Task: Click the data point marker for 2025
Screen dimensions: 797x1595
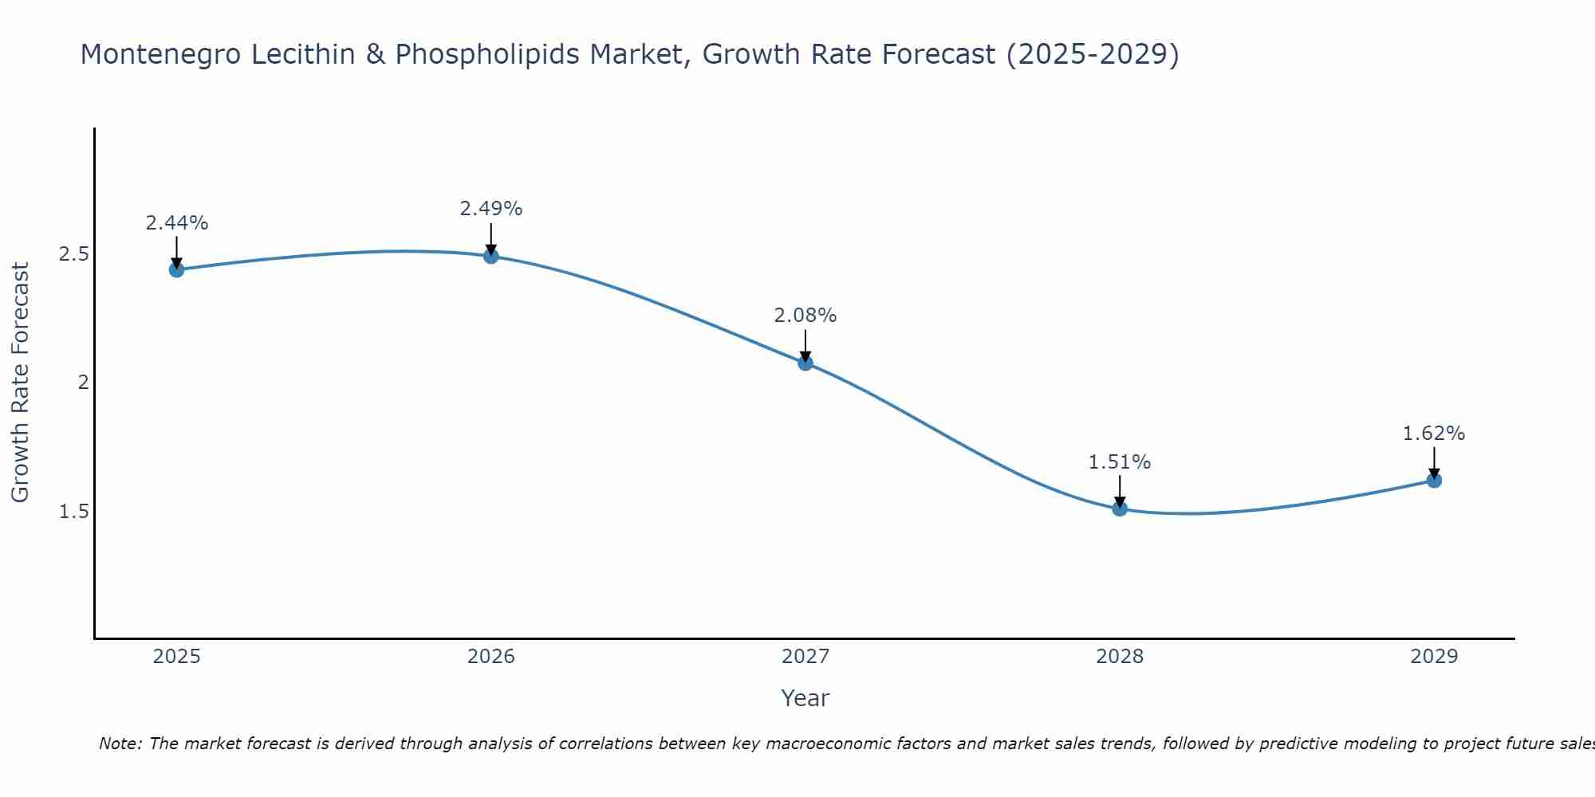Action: tap(177, 269)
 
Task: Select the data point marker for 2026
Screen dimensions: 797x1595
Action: tap(491, 256)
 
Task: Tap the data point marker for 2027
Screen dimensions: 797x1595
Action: tap(805, 363)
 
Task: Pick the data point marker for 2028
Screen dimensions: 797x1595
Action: tap(1120, 508)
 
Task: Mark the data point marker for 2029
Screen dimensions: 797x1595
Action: tap(1434, 480)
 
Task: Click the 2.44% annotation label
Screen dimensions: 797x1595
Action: tap(177, 223)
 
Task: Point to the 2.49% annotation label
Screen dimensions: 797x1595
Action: tap(491, 209)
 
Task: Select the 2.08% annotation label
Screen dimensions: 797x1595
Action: tap(805, 316)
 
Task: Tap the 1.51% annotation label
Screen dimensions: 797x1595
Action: tap(1120, 462)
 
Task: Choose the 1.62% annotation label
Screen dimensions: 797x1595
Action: tap(1434, 434)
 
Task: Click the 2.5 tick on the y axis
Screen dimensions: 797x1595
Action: tap(73, 254)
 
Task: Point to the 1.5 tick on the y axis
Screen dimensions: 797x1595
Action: tap(73, 511)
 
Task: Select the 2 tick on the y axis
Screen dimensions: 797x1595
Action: tap(82, 383)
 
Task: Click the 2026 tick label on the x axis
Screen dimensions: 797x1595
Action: tap(491, 657)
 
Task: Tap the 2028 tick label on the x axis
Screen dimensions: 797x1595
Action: tap(1120, 657)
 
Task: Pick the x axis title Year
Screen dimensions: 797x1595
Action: tap(805, 698)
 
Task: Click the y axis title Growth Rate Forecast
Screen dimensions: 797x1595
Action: tap(20, 383)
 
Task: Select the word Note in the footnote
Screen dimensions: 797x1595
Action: tap(120, 744)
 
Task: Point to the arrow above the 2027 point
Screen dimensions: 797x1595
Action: tap(805, 344)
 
